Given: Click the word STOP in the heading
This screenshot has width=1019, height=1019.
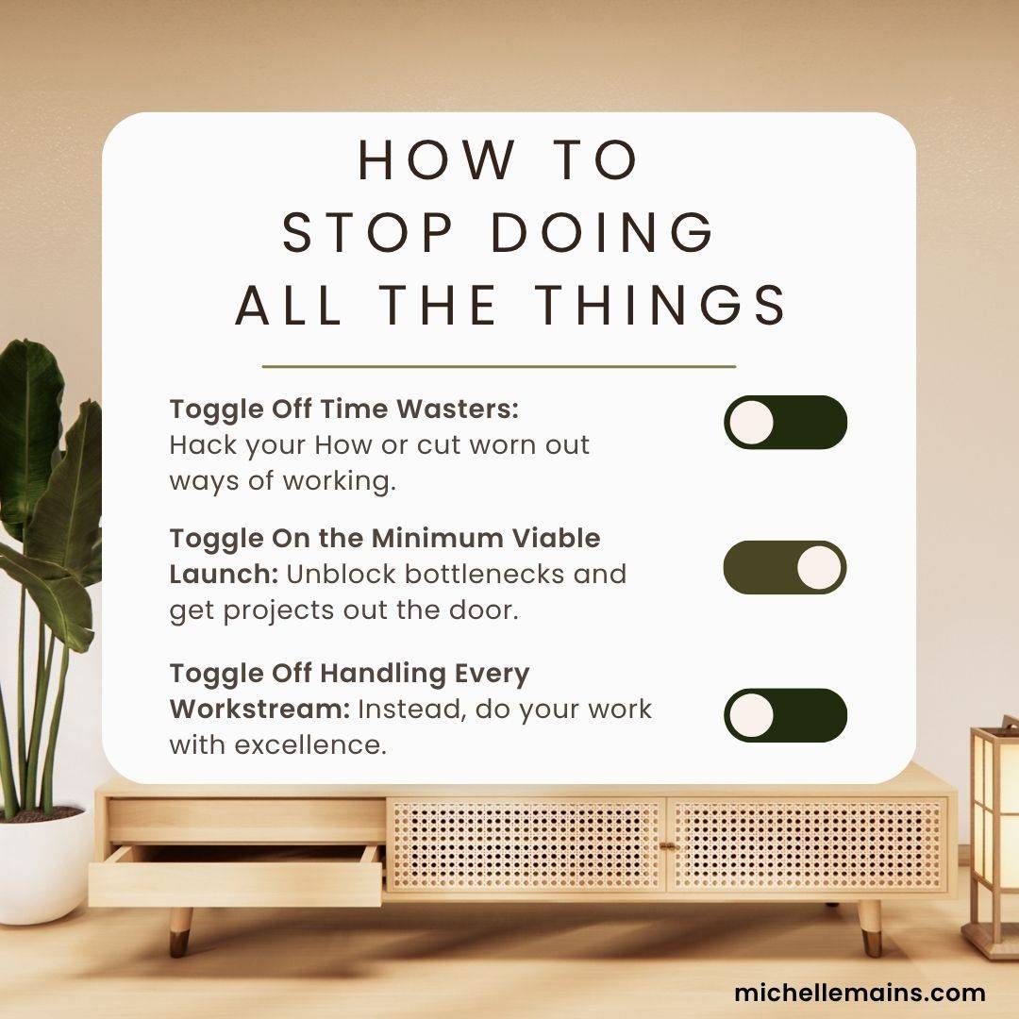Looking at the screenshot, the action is [368, 233].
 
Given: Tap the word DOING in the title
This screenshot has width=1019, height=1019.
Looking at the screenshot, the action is [602, 233].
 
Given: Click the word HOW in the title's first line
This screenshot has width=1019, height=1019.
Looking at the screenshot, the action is [437, 159].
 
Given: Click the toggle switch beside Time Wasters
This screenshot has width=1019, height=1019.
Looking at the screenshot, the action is [785, 423].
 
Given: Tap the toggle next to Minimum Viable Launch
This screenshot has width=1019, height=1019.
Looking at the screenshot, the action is [785, 567].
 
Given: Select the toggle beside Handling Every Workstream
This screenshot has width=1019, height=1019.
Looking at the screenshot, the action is [785, 715].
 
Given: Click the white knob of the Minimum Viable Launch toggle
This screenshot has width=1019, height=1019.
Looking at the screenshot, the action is [819, 567].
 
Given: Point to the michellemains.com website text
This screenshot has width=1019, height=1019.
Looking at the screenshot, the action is [860, 993].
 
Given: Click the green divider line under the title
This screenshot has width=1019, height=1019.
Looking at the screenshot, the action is [498, 366].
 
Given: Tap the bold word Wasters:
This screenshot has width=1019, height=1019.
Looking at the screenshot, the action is [458, 409].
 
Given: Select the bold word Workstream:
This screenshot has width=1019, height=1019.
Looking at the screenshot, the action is [260, 709].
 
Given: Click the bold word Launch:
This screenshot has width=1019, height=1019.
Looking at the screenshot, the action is [225, 575].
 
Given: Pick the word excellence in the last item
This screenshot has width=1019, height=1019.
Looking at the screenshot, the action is [310, 745].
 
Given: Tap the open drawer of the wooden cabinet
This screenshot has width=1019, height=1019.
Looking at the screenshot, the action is [235, 875].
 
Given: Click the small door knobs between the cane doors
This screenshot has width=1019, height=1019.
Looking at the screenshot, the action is [667, 846].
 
